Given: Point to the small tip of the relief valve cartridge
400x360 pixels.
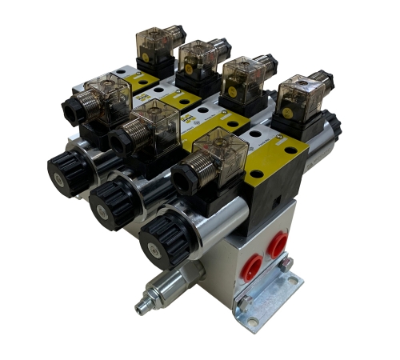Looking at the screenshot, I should click(x=142, y=307).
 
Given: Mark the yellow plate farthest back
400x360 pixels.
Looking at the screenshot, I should click(x=145, y=80).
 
